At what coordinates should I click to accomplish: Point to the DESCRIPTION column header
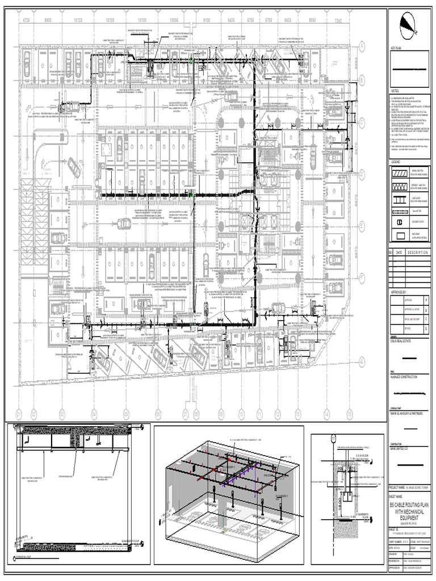(x=417, y=252)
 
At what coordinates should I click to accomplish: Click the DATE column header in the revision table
(x=399, y=252)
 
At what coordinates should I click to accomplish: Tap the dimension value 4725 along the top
(x=26, y=20)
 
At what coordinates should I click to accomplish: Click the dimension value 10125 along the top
(x=79, y=20)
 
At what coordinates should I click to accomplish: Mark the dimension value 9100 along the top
(x=207, y=20)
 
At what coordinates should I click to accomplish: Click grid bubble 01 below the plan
(x=18, y=413)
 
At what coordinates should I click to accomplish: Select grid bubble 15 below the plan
(x=350, y=413)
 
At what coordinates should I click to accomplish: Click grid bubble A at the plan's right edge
(x=360, y=45)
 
